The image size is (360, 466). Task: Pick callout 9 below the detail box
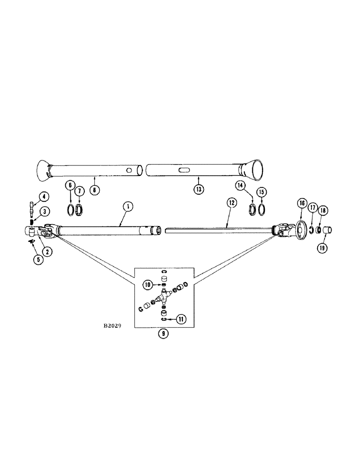[163, 333]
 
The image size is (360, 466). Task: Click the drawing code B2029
[112, 327]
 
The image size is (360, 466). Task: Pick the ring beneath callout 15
[263, 209]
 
